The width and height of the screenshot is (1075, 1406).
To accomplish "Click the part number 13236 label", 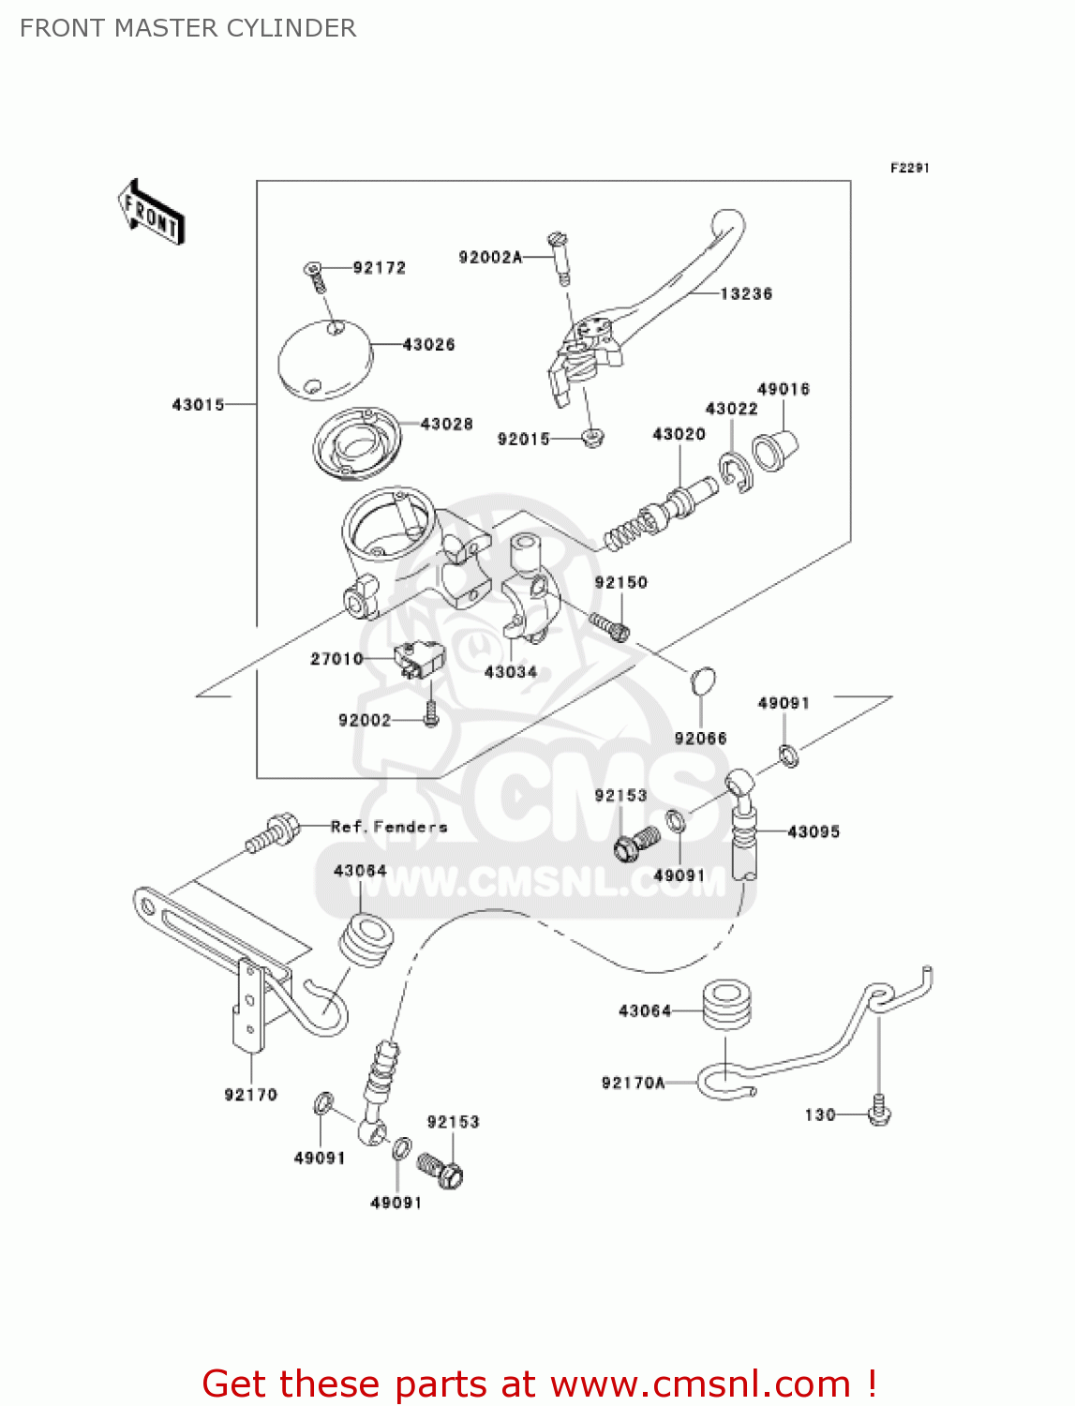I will (746, 294).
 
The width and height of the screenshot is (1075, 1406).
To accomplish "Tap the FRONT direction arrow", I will (151, 214).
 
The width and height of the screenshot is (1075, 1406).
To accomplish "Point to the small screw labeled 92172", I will (316, 276).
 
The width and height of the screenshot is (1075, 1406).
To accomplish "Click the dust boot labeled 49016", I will (774, 450).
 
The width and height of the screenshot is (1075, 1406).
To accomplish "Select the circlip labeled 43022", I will (737, 471).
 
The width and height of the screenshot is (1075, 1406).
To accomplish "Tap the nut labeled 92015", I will (592, 437).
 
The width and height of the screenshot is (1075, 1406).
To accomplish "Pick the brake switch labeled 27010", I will (418, 658).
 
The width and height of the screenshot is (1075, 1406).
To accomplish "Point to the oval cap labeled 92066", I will (703, 681).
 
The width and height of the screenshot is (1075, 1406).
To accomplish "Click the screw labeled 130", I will (879, 1111).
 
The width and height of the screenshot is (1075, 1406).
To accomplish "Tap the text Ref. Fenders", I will (389, 827).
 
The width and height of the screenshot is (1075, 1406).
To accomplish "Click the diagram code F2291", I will (909, 168).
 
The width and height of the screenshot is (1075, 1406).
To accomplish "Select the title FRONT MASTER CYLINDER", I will (187, 28).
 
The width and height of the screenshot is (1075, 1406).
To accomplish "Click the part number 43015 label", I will (198, 405).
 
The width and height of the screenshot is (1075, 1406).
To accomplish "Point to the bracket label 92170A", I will (633, 1084).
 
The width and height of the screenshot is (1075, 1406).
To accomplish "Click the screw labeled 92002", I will (431, 715).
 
